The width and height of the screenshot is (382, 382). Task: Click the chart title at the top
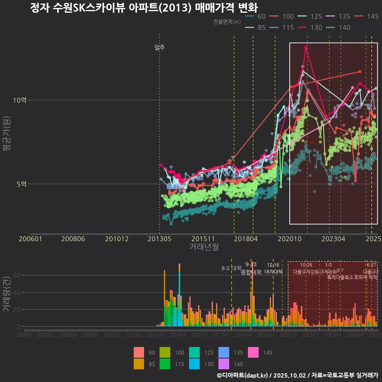pyautogui.click(x=144, y=8)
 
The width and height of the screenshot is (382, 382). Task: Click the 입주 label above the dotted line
pyautogui.click(x=160, y=48)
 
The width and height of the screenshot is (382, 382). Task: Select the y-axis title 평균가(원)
pyautogui.click(x=7, y=134)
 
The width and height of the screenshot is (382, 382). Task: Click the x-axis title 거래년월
pyautogui.click(x=204, y=247)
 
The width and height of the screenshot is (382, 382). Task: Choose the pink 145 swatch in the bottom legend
pyautogui.click(x=253, y=353)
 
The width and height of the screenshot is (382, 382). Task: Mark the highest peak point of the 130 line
pyautogui.click(x=306, y=47)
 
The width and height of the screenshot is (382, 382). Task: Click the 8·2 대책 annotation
pyautogui.click(x=232, y=268)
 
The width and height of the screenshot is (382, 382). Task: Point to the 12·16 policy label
pyautogui.click(x=273, y=265)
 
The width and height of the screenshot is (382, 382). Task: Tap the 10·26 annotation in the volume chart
pyautogui.click(x=306, y=265)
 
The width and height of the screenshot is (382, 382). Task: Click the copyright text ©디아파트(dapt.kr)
pyautogui.click(x=243, y=375)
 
